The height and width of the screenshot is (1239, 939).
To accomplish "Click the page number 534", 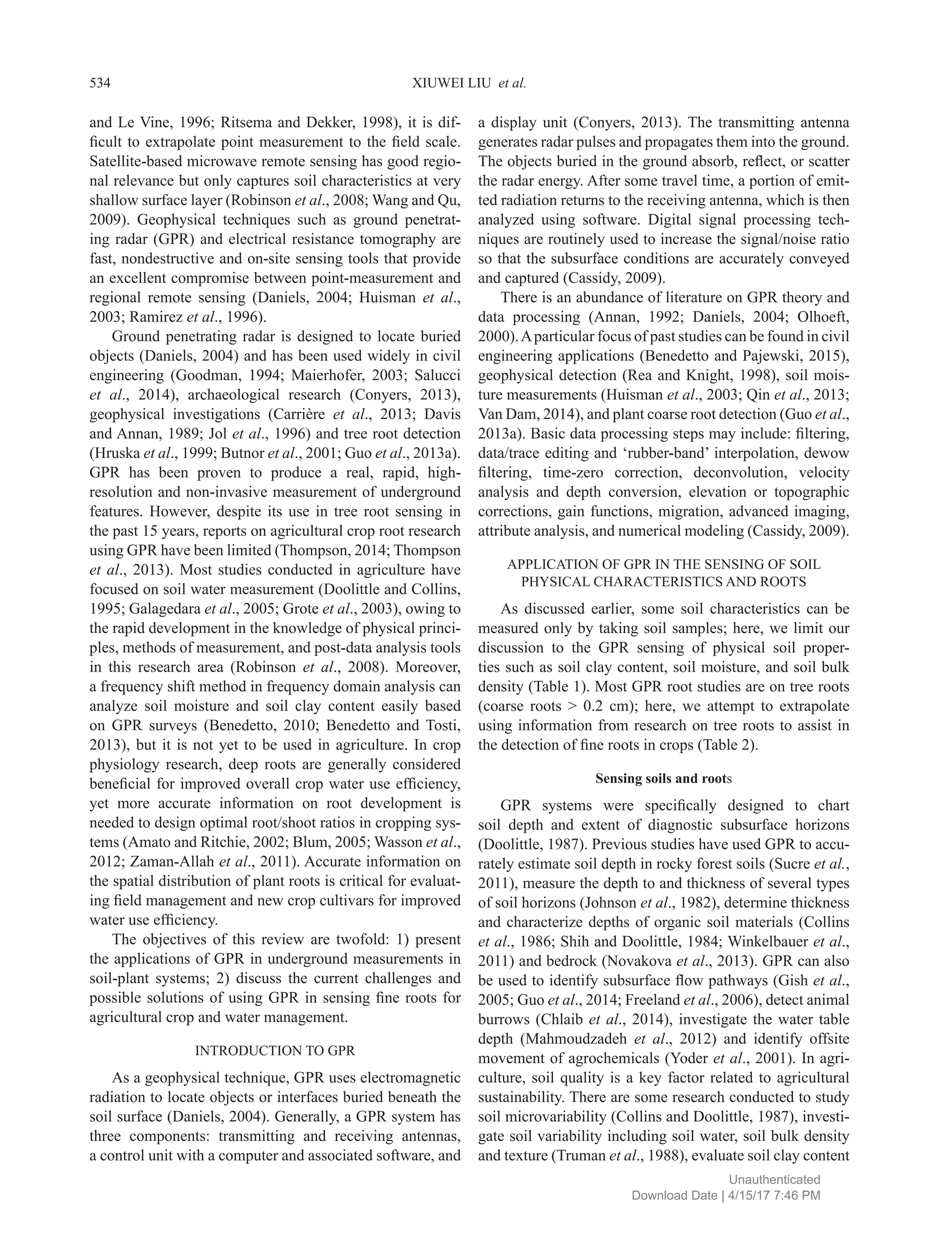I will pos(100,83).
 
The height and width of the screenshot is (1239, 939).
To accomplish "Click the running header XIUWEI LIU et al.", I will pos(469,83).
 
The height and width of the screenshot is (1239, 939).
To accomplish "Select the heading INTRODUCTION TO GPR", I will pos(275,1050).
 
